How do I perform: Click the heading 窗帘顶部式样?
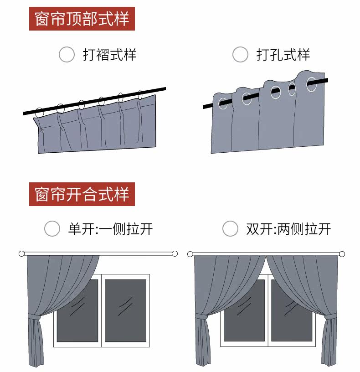tap(82, 19)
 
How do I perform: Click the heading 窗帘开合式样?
tap(82, 194)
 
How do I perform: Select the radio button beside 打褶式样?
tap(67, 55)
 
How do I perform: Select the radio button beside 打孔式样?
tap(240, 55)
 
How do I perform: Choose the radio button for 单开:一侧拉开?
tap(52, 228)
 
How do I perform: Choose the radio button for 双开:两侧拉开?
tap(230, 228)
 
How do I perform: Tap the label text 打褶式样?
tap(109, 55)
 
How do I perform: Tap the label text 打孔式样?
tap(283, 55)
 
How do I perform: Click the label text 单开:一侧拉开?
tap(110, 229)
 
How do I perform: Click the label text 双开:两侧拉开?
tap(288, 229)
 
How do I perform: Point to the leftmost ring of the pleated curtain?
tap(40, 111)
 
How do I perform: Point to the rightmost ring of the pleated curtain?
tap(140, 95)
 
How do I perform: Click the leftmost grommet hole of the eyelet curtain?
tap(223, 103)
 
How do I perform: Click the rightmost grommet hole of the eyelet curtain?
tap(312, 84)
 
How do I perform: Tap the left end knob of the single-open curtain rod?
tap(21, 253)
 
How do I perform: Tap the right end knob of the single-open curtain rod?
tap(175, 253)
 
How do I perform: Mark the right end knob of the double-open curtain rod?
tap(342, 254)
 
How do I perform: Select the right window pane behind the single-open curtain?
tap(125, 310)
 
